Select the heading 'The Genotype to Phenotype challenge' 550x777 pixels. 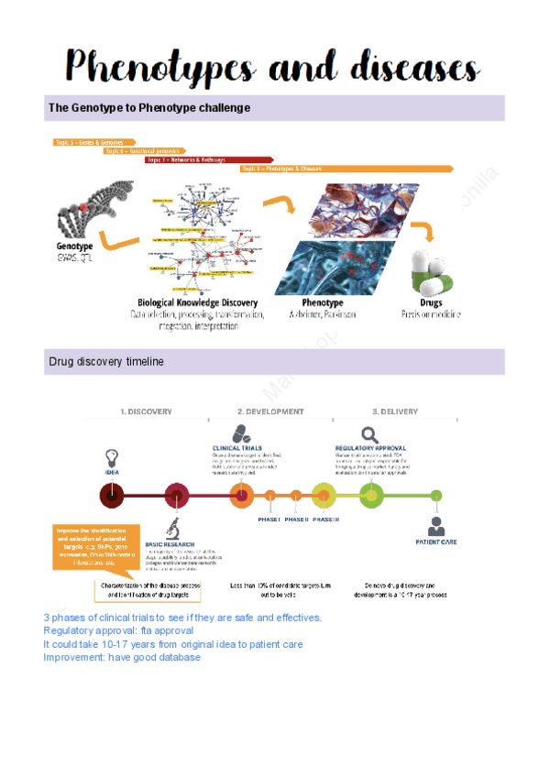pos(148,108)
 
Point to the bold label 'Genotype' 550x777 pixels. pos(75,246)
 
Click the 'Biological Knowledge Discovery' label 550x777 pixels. pos(197,302)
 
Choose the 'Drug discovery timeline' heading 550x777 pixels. pos(105,362)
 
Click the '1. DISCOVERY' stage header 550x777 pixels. pos(147,412)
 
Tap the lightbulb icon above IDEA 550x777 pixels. pos(112,456)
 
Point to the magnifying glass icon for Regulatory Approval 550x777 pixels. pos(369,435)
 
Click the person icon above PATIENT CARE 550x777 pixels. pos(436,526)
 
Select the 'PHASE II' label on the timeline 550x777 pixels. pos(296,520)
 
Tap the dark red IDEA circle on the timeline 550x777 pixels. pos(112,497)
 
